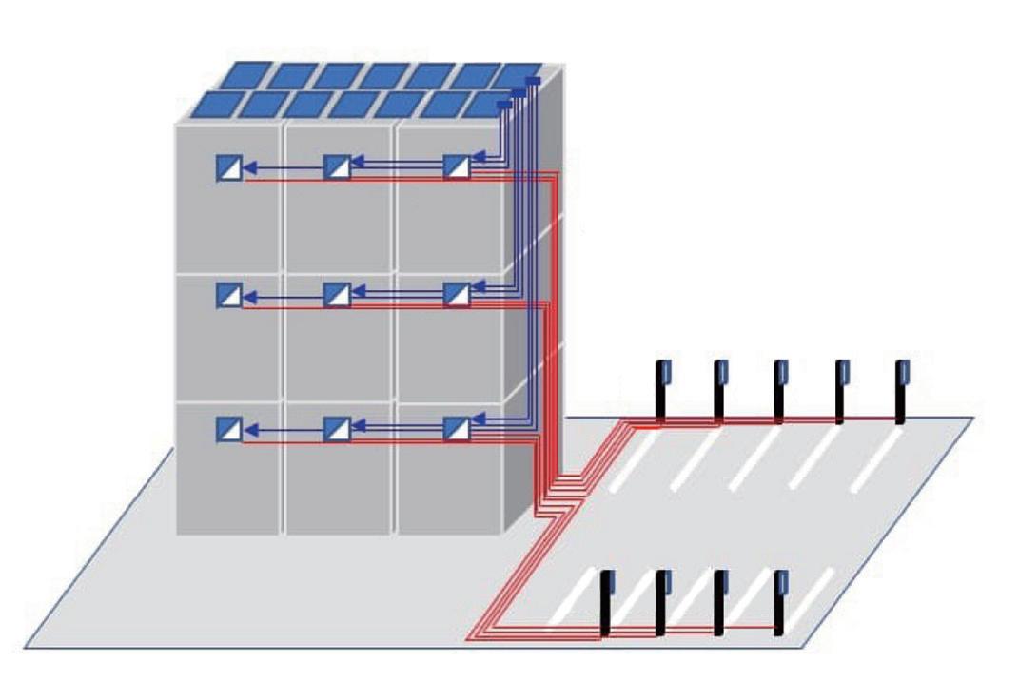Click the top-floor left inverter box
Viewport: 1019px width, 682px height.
click(x=228, y=167)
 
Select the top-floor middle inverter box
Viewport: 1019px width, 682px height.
click(x=337, y=167)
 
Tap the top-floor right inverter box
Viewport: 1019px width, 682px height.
click(x=457, y=167)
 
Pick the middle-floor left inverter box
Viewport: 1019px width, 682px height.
click(x=228, y=295)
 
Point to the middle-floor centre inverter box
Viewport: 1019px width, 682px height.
click(x=337, y=295)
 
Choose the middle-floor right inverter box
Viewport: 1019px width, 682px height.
click(x=457, y=295)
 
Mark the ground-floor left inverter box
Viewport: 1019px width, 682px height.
click(x=228, y=429)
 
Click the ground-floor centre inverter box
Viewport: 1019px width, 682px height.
click(x=337, y=429)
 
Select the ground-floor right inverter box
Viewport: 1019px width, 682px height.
click(x=457, y=429)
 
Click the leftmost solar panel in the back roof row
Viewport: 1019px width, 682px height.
click(x=244, y=74)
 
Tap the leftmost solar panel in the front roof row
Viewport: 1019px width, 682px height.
click(x=211, y=104)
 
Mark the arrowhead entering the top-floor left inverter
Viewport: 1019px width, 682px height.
click(x=249, y=167)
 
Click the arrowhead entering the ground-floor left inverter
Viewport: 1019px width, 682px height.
click(x=249, y=429)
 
